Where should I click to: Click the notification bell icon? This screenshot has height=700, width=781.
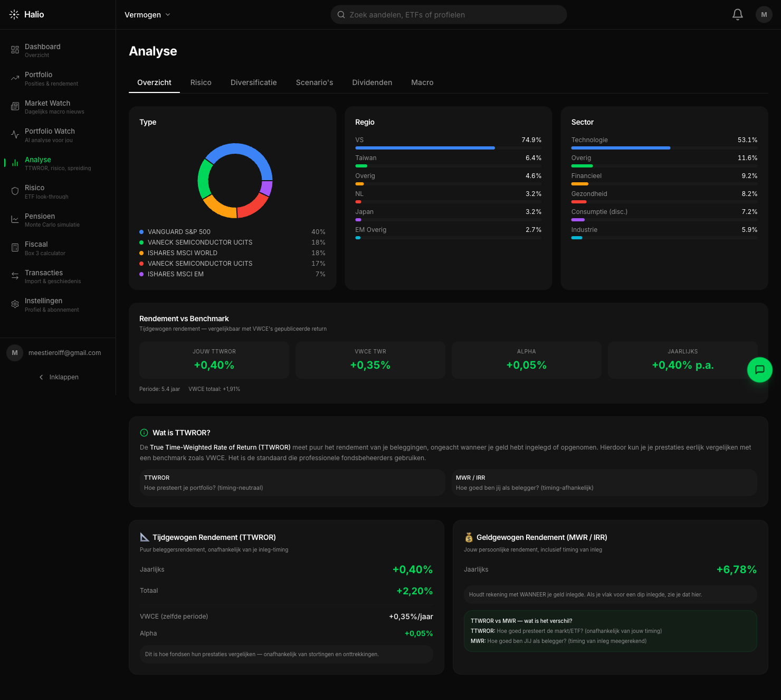[737, 15]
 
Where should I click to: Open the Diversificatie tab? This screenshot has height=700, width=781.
[253, 82]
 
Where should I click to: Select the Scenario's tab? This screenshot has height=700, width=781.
[314, 82]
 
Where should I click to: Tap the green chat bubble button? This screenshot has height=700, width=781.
[759, 370]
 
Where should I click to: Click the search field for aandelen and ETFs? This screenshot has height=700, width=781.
[449, 15]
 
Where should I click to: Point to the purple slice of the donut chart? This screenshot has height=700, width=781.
[267, 188]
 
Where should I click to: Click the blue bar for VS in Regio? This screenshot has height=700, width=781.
[425, 148]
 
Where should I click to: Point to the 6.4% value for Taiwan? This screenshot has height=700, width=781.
[533, 158]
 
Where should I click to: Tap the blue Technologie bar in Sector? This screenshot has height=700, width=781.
[621, 148]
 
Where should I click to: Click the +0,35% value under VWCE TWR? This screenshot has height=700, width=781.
[370, 365]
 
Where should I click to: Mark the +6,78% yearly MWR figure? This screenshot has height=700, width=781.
[736, 570]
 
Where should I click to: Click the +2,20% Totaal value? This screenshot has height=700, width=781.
[414, 591]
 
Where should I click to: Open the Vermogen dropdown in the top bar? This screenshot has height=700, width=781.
[147, 15]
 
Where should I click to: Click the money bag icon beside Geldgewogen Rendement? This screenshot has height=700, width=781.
[469, 537]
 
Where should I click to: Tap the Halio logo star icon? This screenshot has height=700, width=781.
[14, 15]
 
